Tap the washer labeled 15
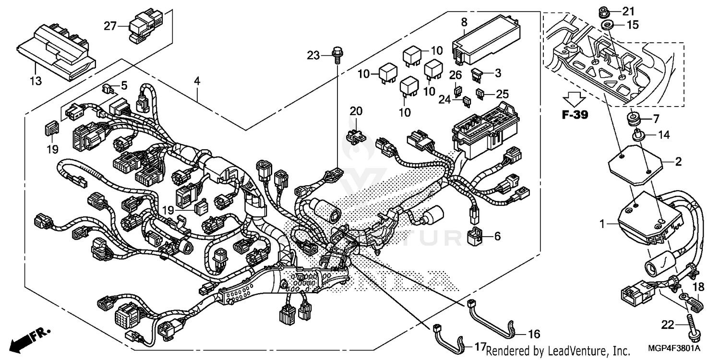pyautogui.click(x=607, y=24)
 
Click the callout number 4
pyautogui.click(x=196, y=81)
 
